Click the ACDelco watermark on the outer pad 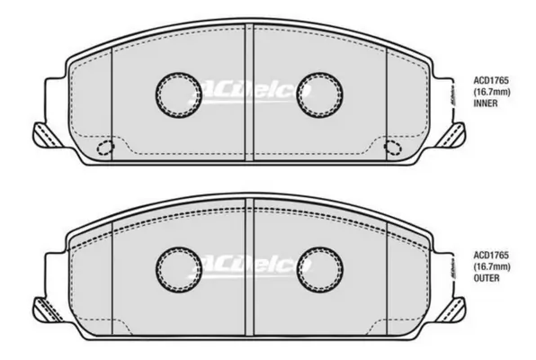(246, 265)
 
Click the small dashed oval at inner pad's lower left (104, 148)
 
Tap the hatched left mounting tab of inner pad (43, 135)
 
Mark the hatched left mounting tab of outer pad (43, 309)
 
